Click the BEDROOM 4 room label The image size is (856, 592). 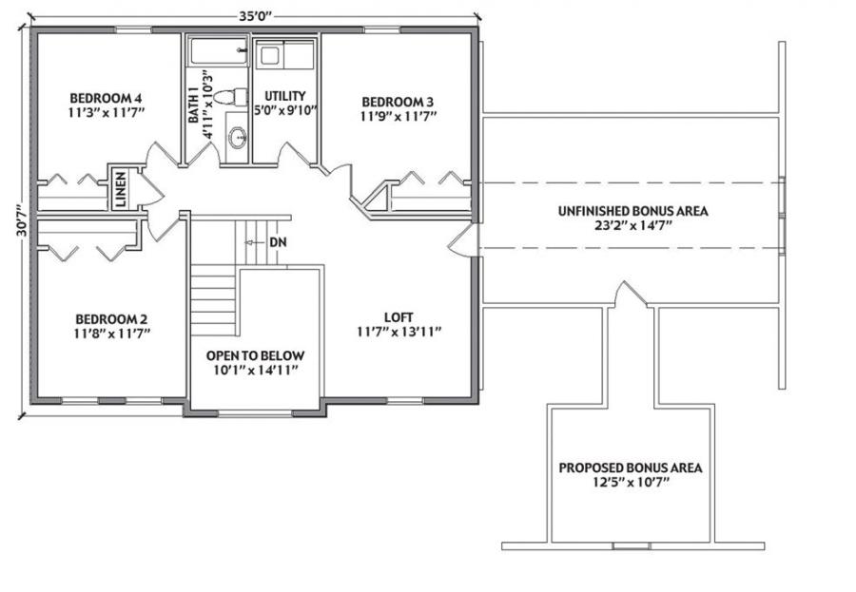click(x=106, y=98)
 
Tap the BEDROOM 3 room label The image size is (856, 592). click(x=398, y=102)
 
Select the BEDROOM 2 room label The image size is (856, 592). click(x=111, y=319)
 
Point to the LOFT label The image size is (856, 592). click(x=399, y=317)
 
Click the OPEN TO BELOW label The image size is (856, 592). click(x=255, y=355)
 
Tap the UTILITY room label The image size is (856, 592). click(x=285, y=96)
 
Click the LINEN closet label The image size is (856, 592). click(x=121, y=189)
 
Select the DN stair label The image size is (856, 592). click(x=279, y=242)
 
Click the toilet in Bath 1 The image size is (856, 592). click(x=229, y=97)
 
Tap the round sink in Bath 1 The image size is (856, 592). click(x=238, y=137)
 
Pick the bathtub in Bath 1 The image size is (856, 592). click(x=219, y=50)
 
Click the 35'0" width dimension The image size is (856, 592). click(x=255, y=16)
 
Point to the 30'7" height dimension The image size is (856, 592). click(x=22, y=220)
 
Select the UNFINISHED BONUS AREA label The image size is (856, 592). click(x=632, y=211)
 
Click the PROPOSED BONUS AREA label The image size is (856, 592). click(x=631, y=468)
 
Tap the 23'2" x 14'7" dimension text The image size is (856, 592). click(x=632, y=225)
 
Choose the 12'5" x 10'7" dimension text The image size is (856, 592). click(x=631, y=482)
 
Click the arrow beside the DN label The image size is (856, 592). click(x=254, y=242)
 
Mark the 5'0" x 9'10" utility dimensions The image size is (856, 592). click(x=285, y=110)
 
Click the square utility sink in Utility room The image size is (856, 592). click(x=268, y=56)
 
